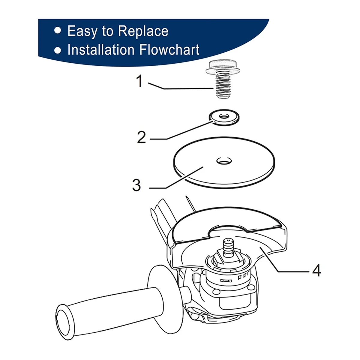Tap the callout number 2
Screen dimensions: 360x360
(141, 137)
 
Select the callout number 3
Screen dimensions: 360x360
(136, 185)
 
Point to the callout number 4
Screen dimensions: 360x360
(316, 271)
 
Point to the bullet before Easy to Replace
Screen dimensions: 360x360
(58, 31)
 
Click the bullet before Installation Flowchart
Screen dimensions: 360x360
(58, 50)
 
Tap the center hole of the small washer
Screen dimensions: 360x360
(223, 115)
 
